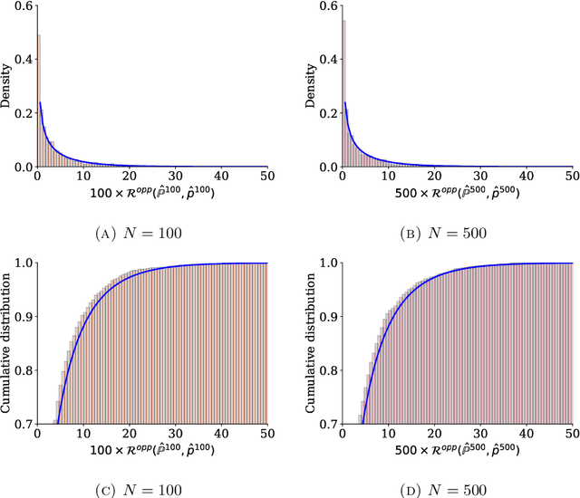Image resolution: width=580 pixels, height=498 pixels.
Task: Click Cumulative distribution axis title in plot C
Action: [x=8, y=342]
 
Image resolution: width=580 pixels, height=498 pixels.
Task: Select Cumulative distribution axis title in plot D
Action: [x=314, y=342]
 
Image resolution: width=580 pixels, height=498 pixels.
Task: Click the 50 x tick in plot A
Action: [x=266, y=177]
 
